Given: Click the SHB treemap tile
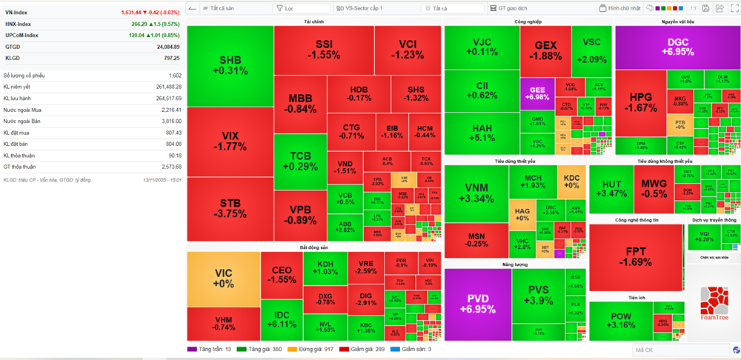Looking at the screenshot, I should [230, 65].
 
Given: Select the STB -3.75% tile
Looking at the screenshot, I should [230, 208].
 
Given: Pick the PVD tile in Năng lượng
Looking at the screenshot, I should [478, 303].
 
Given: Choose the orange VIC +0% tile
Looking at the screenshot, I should [223, 279].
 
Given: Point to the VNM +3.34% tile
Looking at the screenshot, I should [476, 193].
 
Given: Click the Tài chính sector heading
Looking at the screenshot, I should [313, 21].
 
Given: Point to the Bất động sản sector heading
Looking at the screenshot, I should [314, 247].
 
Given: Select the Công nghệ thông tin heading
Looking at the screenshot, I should [637, 220].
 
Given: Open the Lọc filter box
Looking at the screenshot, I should [304, 8].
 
